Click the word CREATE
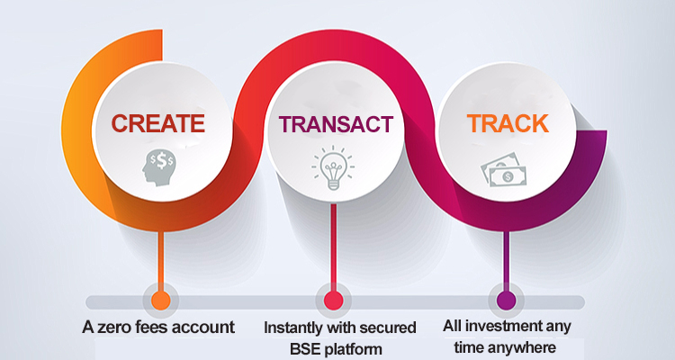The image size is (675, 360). (158, 123)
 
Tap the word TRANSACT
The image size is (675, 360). (336, 124)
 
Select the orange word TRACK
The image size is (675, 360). (508, 123)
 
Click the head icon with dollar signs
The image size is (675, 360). (158, 168)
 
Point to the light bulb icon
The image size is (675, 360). (333, 168)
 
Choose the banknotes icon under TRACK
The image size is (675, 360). (503, 170)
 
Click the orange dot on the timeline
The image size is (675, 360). (160, 300)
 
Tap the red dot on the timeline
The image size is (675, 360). (334, 300)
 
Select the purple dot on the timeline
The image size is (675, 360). (506, 300)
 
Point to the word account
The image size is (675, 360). (204, 328)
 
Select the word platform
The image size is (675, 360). (353, 349)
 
